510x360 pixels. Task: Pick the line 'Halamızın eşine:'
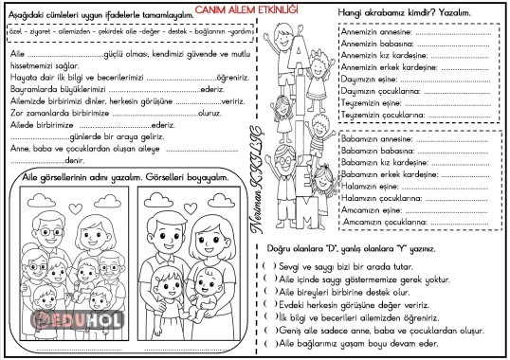[371, 186]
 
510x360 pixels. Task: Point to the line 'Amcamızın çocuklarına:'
[382, 221]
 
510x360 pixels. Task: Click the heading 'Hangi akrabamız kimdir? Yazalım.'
[404, 12]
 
